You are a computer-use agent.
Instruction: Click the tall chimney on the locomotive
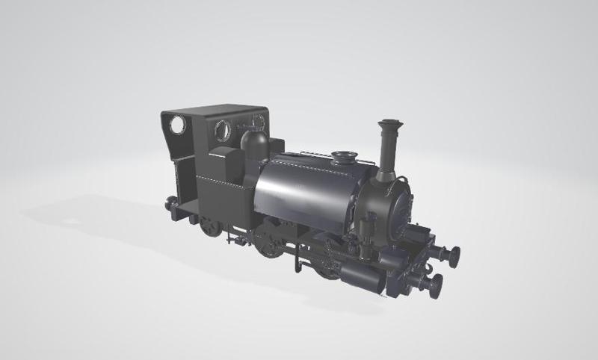click(388, 149)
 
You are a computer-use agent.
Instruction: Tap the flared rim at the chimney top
click(389, 123)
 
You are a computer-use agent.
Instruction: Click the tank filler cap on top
click(344, 157)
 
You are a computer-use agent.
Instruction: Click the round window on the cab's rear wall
click(177, 125)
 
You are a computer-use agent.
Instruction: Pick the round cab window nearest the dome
click(224, 130)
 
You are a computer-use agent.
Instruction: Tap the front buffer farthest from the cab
click(451, 255)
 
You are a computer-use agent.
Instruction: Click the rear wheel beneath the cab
click(210, 226)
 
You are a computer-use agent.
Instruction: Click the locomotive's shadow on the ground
click(97, 217)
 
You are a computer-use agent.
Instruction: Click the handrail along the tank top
click(314, 154)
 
